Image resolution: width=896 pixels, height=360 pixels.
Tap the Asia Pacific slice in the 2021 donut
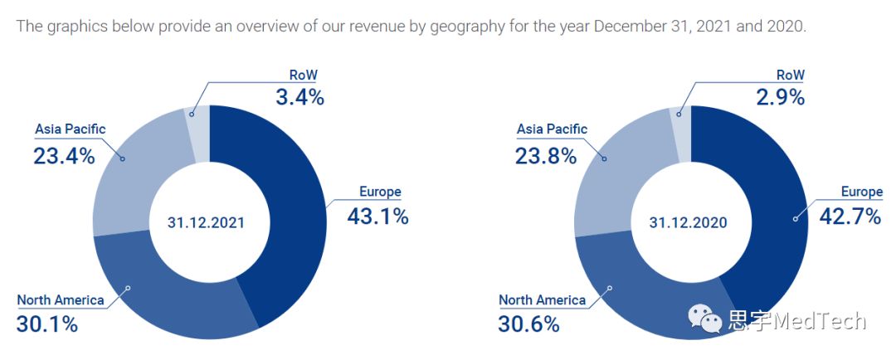[133, 174]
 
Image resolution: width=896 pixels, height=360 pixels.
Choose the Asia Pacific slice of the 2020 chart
[614, 174]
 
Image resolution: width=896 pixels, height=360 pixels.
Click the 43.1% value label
[378, 216]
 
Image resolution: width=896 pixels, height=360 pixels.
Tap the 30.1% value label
[47, 324]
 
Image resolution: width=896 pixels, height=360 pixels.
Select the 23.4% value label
[64, 155]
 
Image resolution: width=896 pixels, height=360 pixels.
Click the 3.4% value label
[299, 97]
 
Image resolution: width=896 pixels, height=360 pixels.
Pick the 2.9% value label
[781, 97]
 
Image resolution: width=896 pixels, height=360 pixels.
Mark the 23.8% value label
[545, 155]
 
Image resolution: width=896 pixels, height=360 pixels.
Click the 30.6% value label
[528, 324]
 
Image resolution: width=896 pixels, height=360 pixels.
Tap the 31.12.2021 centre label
[207, 222]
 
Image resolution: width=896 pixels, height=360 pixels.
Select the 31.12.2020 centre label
[688, 222]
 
